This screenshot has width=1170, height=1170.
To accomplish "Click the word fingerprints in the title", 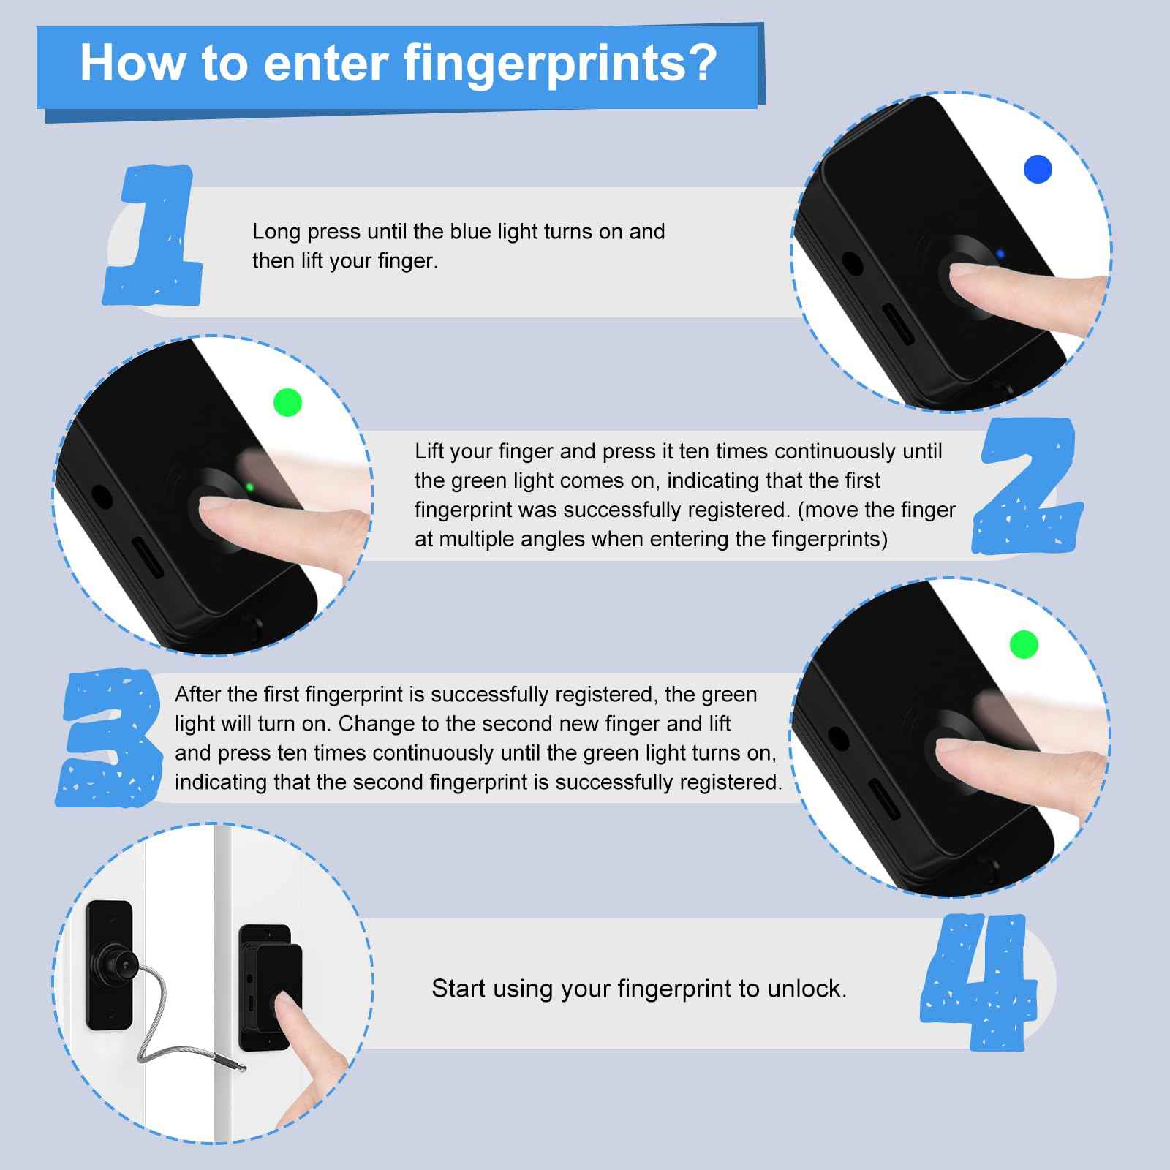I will [x=559, y=63].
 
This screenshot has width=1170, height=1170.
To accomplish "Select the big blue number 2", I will [x=1027, y=486].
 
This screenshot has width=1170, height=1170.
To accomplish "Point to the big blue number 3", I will [x=110, y=739].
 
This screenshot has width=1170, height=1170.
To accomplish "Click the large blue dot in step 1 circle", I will [x=1038, y=170].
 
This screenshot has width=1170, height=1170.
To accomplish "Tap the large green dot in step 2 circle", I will [x=287, y=402].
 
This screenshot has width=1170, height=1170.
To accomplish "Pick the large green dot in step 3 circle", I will [x=1024, y=645].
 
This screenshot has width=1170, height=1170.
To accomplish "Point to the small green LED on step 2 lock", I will [x=250, y=486].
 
